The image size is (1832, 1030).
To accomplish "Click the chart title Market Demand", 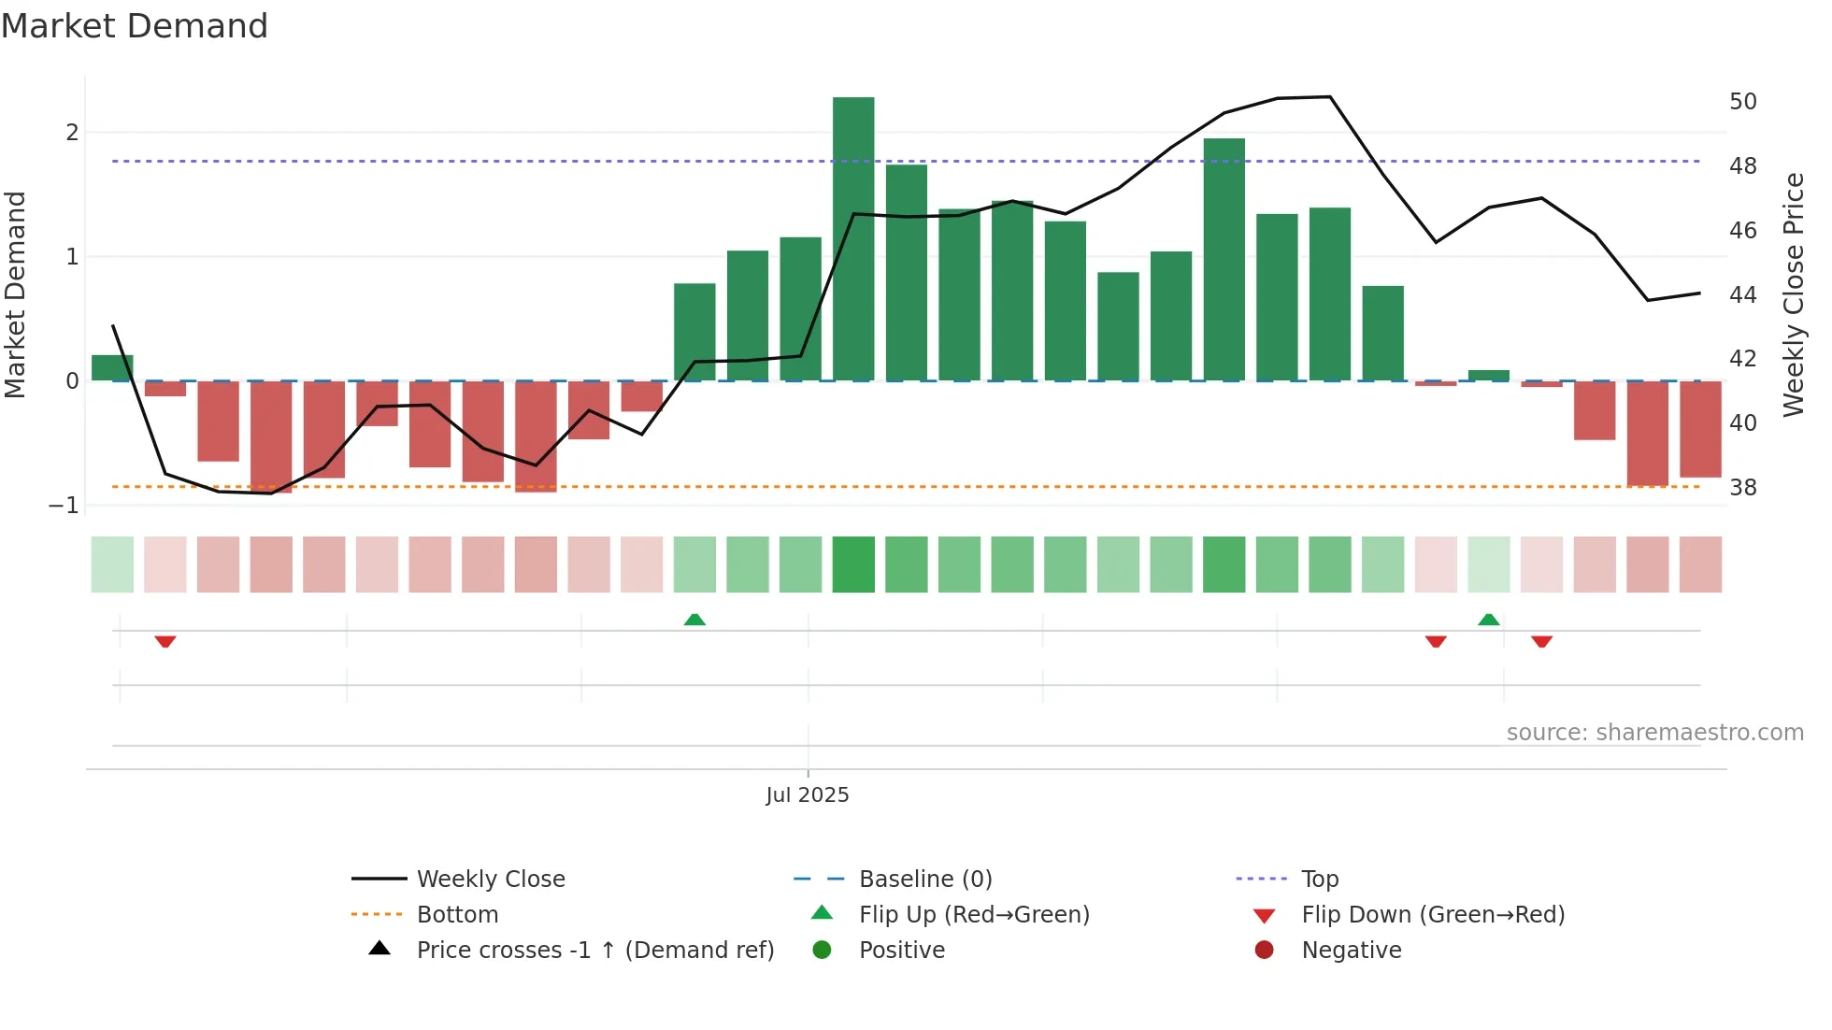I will [135, 26].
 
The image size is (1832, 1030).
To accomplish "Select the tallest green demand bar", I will [853, 238].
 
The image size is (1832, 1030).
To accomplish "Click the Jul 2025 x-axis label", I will [807, 795].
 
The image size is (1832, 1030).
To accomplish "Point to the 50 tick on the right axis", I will [1742, 102].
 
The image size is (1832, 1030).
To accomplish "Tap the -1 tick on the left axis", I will [64, 506].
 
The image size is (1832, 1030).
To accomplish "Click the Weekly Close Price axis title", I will [1793, 294].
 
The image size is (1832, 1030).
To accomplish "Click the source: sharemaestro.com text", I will [1654, 733].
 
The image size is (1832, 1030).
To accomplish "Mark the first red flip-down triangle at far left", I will [165, 641].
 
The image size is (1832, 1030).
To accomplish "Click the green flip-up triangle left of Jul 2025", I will [694, 620].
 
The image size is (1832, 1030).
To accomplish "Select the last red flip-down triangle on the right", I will [1541, 641].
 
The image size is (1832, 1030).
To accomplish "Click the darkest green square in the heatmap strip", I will [853, 565].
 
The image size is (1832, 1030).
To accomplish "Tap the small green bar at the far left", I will [112, 367].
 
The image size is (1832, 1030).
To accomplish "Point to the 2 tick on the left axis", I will [72, 133].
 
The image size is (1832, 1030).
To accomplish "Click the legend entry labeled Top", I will [1319, 880].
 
